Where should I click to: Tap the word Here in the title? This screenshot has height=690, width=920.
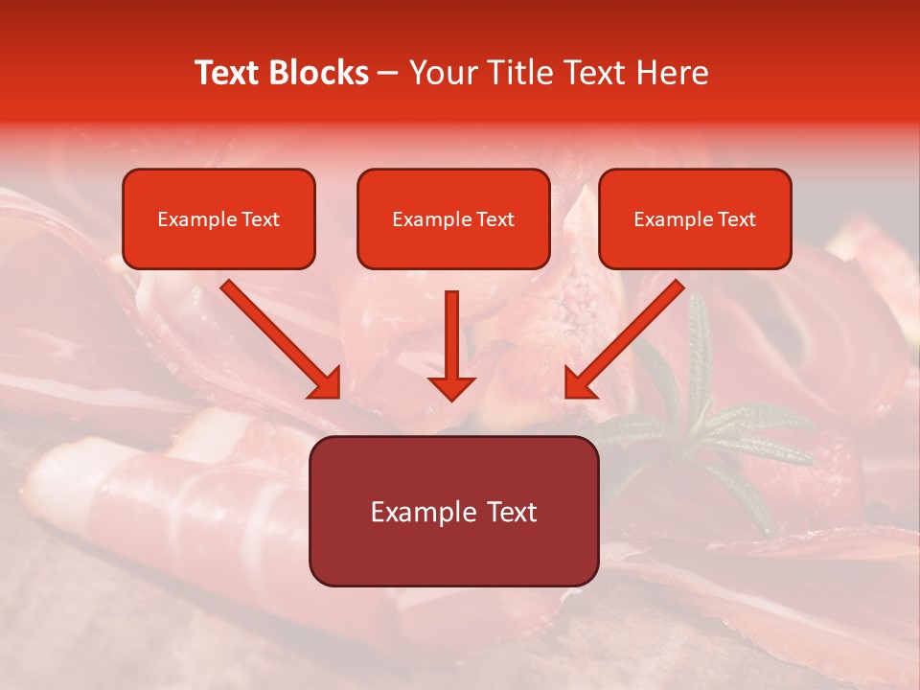coord(673,73)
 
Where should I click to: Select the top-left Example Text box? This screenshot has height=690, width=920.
coord(218,219)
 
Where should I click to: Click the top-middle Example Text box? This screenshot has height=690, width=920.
coord(453,219)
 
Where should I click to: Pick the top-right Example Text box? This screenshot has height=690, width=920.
coord(695,219)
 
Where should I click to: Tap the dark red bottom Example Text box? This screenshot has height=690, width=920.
coord(453,512)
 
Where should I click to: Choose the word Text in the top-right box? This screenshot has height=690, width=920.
coord(736,219)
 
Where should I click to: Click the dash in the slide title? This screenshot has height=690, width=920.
coord(388,74)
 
